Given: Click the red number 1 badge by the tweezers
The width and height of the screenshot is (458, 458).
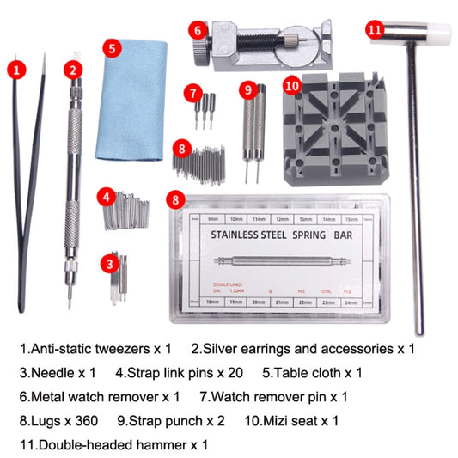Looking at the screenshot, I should pyautogui.click(x=18, y=67).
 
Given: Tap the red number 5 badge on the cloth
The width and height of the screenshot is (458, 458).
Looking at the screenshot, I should pyautogui.click(x=112, y=48).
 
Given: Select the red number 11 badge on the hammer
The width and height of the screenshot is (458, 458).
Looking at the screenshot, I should pyautogui.click(x=374, y=29).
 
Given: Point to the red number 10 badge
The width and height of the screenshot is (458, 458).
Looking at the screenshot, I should pyautogui.click(x=291, y=85).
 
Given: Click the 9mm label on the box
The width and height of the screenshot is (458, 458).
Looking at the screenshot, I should pyautogui.click(x=212, y=220).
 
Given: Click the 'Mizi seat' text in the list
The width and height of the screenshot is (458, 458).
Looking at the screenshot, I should pyautogui.click(x=302, y=421).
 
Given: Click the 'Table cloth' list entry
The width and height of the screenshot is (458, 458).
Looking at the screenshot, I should pyautogui.click(x=316, y=373).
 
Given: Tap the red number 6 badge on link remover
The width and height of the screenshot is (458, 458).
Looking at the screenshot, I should pyautogui.click(x=198, y=31).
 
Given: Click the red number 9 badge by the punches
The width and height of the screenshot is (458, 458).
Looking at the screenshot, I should pyautogui.click(x=248, y=88).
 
